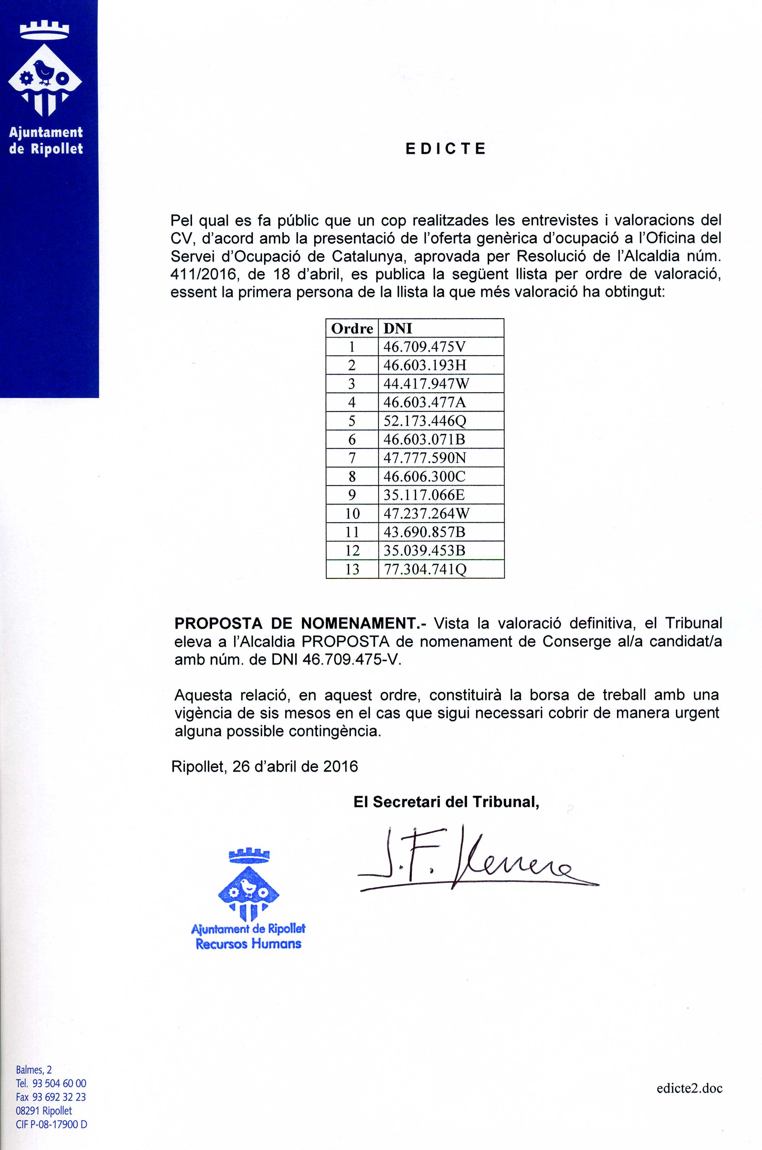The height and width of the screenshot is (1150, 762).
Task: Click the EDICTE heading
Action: point(445,149)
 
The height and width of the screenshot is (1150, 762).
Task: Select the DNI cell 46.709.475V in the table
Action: point(424,347)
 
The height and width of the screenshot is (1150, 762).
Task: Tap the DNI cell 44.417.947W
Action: point(426,384)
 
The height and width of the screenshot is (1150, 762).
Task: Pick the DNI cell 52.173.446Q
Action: point(425,421)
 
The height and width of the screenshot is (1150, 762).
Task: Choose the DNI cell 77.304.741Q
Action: point(425,569)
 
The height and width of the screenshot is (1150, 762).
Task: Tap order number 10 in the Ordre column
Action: point(352,513)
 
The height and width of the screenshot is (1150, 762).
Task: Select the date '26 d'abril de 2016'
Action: point(294,766)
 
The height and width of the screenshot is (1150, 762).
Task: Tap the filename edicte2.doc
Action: point(689,1088)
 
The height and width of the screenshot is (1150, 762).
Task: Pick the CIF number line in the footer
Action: point(51,1124)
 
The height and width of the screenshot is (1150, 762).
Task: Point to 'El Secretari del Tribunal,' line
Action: point(446,802)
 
